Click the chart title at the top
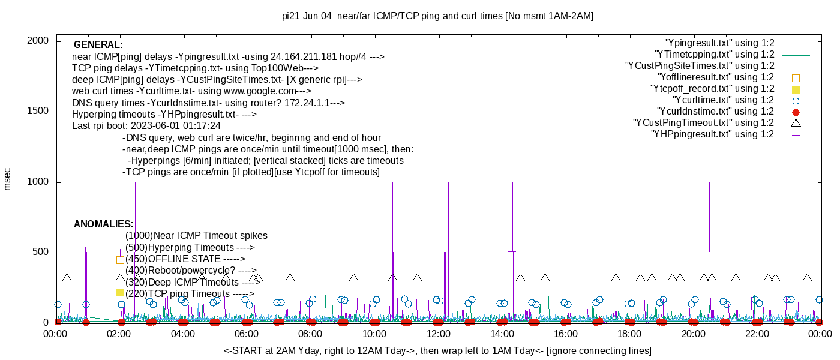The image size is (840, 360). (x=437, y=16)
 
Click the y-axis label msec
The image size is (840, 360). (x=8, y=179)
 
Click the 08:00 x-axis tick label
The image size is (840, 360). (x=311, y=334)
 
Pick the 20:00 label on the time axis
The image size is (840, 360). (x=693, y=334)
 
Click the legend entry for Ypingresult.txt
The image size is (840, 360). (x=720, y=43)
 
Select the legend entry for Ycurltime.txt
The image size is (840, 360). (x=723, y=100)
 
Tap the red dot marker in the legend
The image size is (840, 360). (x=796, y=112)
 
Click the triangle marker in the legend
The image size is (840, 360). (x=796, y=123)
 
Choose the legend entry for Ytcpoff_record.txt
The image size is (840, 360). (x=712, y=89)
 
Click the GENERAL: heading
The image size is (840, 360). (x=98, y=45)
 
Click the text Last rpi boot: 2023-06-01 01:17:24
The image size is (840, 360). (x=146, y=127)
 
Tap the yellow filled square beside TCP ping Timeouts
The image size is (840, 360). (x=120, y=292)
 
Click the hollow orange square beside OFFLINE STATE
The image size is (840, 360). (x=120, y=260)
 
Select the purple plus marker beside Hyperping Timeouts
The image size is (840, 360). (x=120, y=253)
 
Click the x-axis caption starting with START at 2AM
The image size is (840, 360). (x=437, y=350)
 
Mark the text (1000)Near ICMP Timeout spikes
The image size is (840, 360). (x=196, y=236)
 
